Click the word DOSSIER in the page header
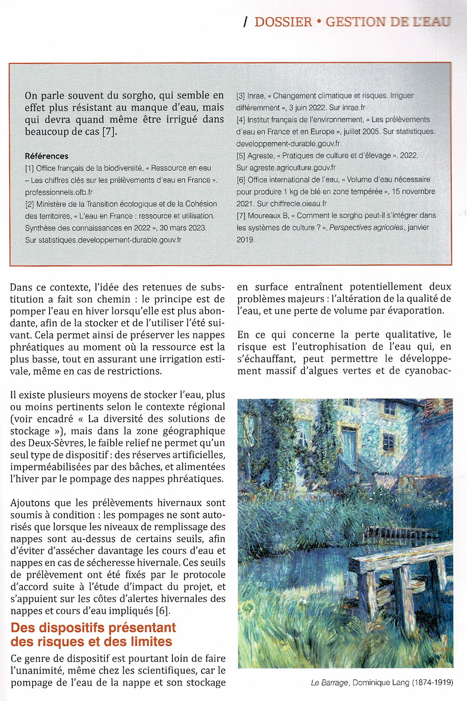point(283,22)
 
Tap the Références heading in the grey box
point(47,156)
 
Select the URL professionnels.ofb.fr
point(59,192)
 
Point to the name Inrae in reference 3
point(256,96)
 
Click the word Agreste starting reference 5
point(260,156)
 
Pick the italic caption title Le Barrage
point(330,683)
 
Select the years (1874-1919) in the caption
point(433,683)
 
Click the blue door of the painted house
point(349,444)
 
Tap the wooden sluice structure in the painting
point(401,575)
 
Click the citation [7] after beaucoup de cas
point(109,131)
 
